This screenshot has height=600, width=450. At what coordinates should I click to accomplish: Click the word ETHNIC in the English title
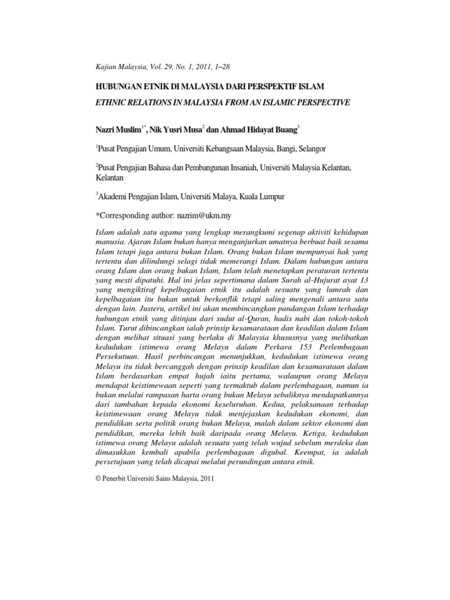point(110,103)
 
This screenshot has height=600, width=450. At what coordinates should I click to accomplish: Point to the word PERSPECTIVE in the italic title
point(318,103)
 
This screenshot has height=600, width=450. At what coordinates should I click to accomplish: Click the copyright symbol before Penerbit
point(97,478)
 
